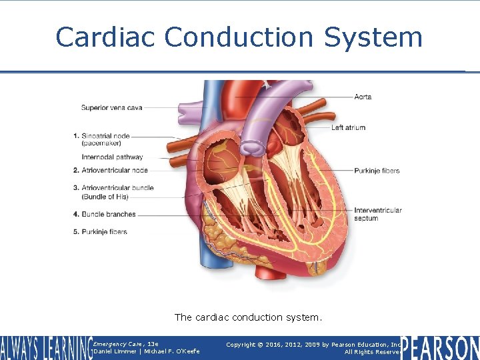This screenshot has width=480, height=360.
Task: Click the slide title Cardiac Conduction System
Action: [239, 37]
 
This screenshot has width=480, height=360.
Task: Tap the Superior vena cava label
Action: [111, 107]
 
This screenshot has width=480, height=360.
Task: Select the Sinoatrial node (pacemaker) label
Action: [109, 139]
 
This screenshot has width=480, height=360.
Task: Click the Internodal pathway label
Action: [112, 157]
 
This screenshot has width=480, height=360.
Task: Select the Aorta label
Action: [363, 97]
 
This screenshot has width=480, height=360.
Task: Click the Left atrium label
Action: [348, 127]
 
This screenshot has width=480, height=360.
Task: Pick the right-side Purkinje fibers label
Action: [377, 171]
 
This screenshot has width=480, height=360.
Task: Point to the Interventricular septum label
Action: [377, 214]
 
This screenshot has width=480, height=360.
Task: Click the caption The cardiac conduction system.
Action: [248, 317]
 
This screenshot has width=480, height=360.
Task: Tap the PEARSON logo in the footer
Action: [440, 348]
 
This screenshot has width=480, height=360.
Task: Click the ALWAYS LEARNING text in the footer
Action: [45, 348]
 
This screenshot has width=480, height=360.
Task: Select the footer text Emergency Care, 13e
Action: [126, 343]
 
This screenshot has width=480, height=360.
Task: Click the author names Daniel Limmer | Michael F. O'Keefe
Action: [147, 351]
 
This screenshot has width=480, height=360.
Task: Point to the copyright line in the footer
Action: [313, 345]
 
